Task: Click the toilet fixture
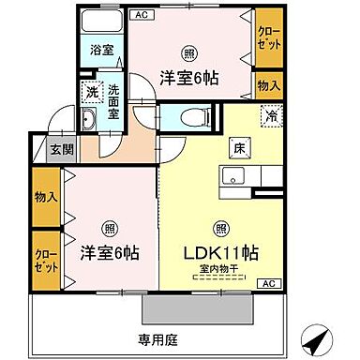click(x=184, y=118)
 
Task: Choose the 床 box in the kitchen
click(x=238, y=148)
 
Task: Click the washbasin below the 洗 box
click(x=92, y=119)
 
